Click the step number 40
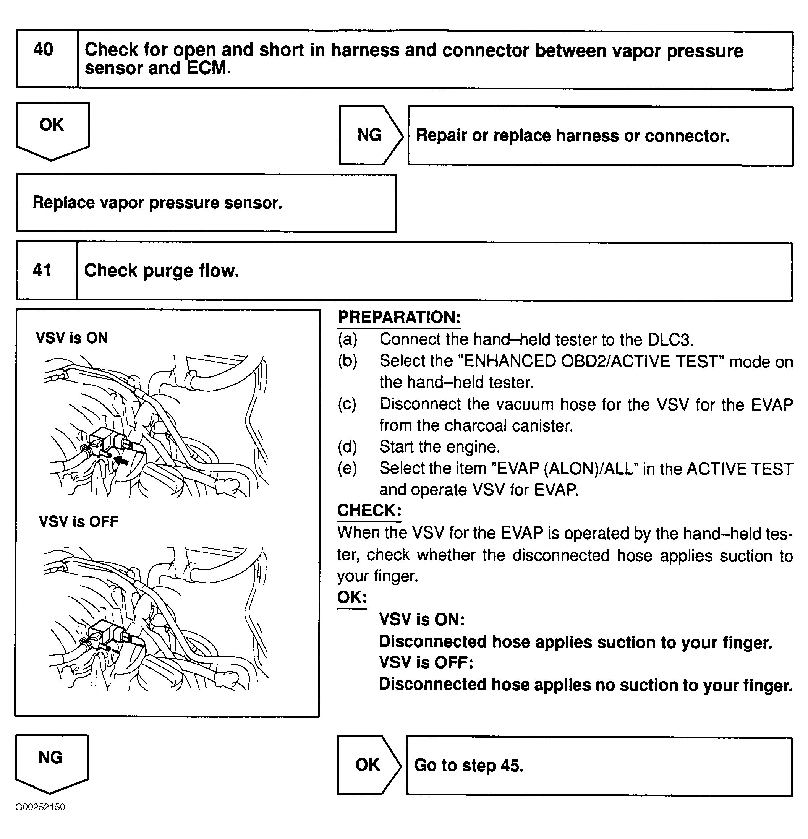[43, 50]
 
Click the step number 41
[42, 270]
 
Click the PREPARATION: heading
[399, 318]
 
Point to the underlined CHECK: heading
[369, 511]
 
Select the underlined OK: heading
[351, 597]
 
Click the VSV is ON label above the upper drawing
[72, 338]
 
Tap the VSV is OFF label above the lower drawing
[79, 521]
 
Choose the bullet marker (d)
[347, 447]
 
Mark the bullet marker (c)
[347, 404]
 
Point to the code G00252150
[40, 807]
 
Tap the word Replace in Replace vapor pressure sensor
[63, 203]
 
